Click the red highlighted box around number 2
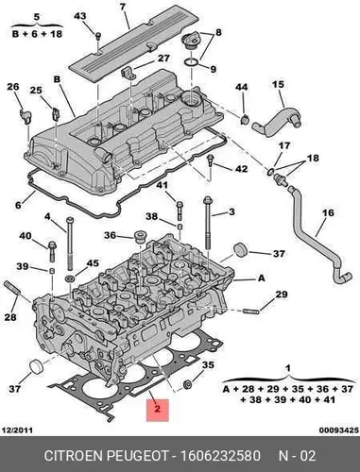[158, 410]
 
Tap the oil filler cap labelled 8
[189, 42]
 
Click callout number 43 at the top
[80, 16]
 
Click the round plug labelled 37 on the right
[241, 250]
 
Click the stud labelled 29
[250, 312]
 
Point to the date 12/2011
[17, 430]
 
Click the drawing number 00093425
[339, 430]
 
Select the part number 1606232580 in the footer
[220, 456]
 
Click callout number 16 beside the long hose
[328, 212]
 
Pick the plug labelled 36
[139, 237]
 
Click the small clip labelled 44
[245, 119]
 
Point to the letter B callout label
[57, 79]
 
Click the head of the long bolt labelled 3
[208, 200]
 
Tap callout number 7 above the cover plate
[123, 7]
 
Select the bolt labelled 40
[52, 252]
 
